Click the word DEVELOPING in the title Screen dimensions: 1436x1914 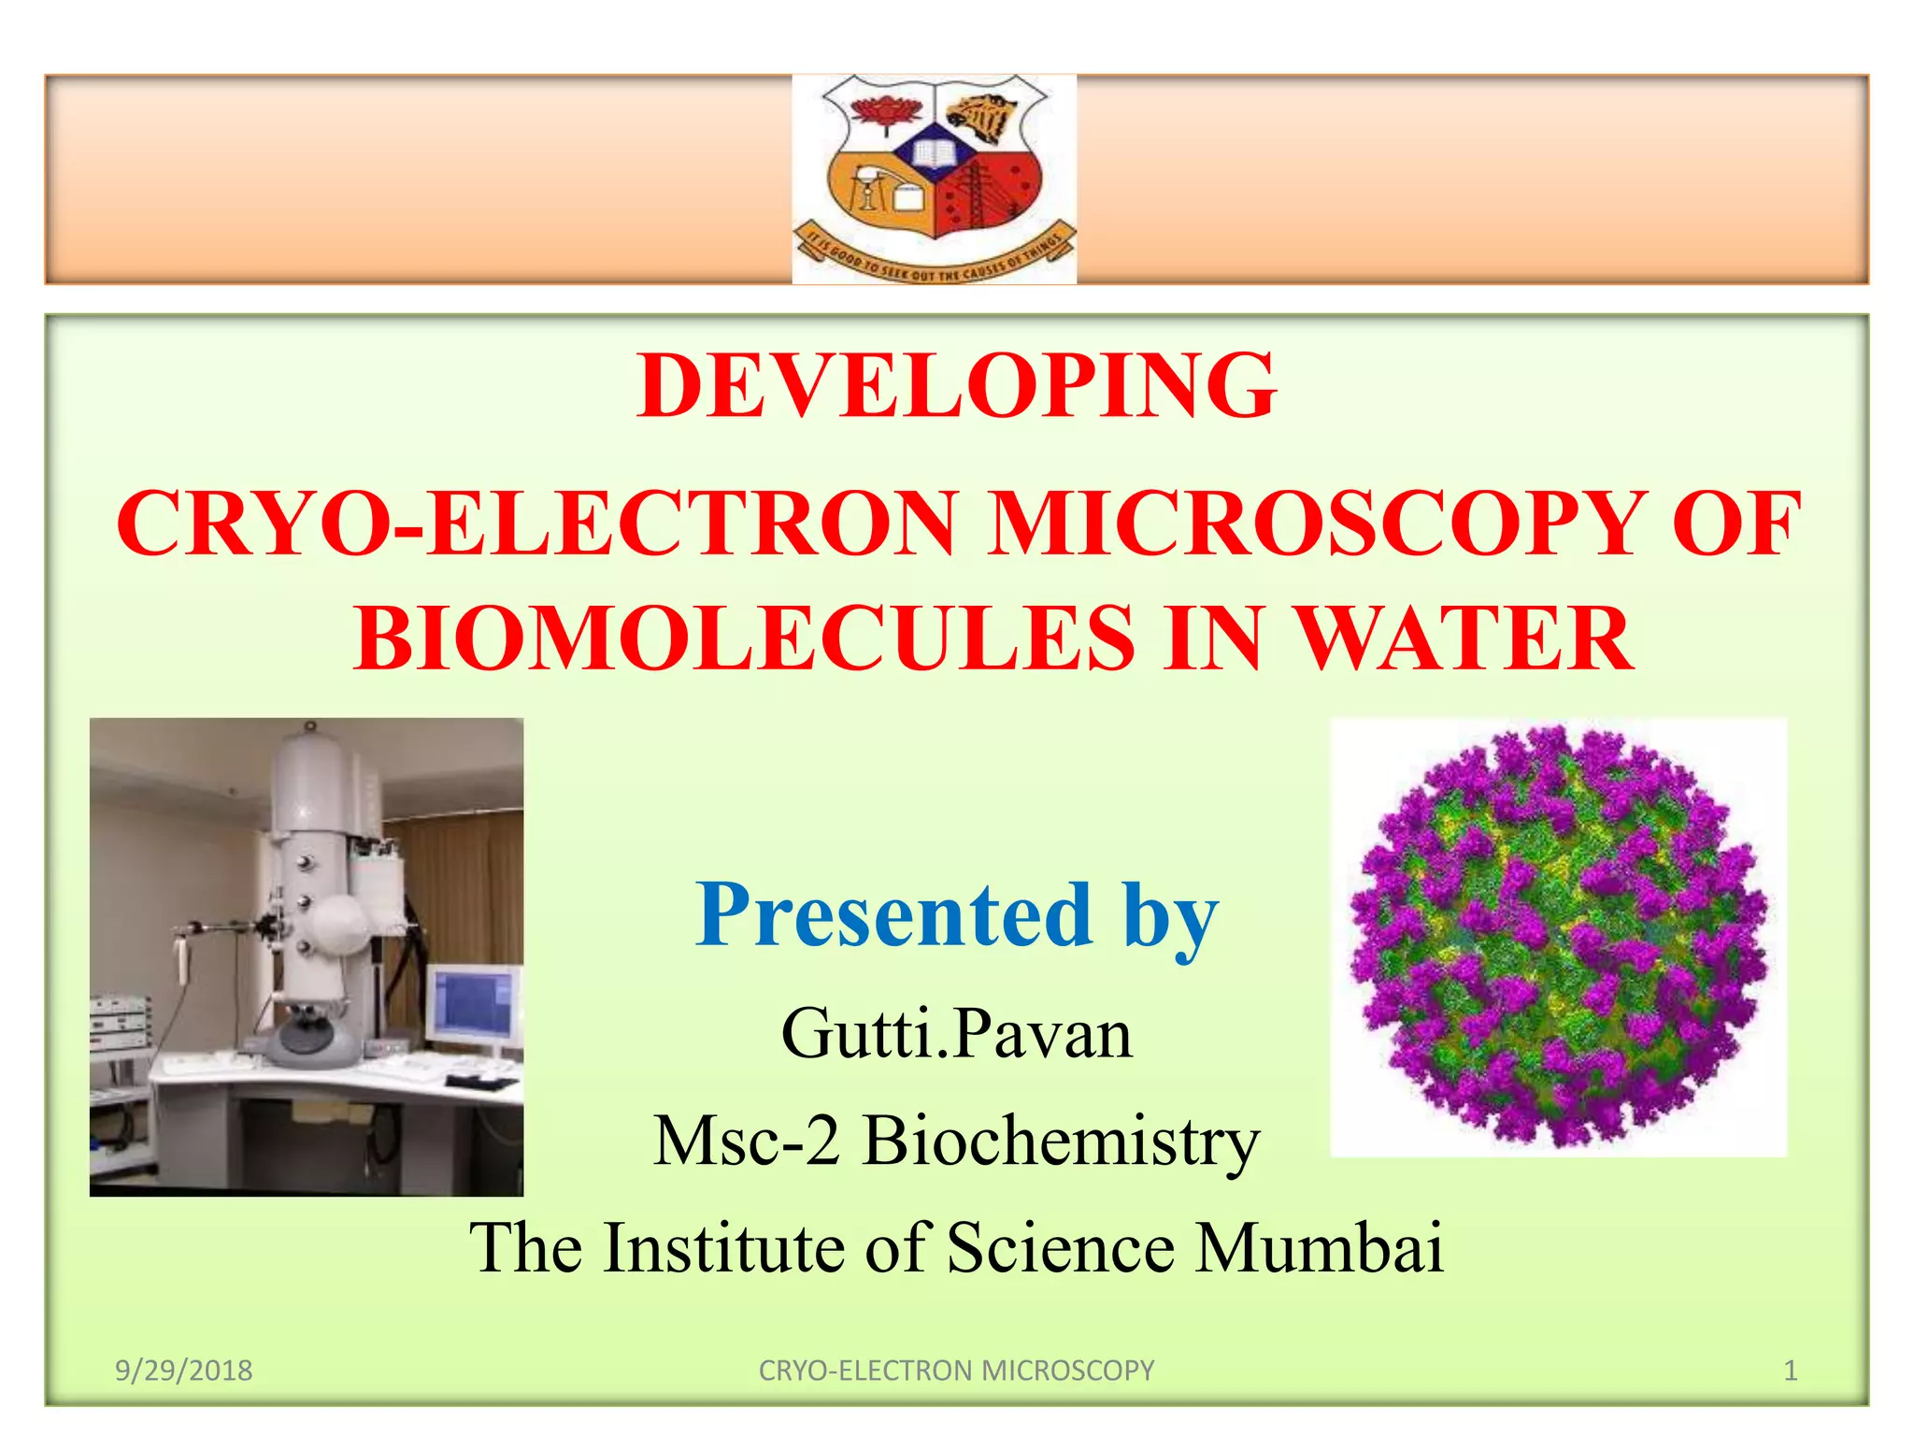956,386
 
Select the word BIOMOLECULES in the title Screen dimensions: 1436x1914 744,639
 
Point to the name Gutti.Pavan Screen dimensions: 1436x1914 956,1034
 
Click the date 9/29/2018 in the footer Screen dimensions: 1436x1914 184,1371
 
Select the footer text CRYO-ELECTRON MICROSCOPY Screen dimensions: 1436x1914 956,1371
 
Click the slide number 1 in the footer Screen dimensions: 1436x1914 1791,1371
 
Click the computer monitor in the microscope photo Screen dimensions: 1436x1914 476,1005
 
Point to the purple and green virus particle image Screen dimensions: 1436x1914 1558,937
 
